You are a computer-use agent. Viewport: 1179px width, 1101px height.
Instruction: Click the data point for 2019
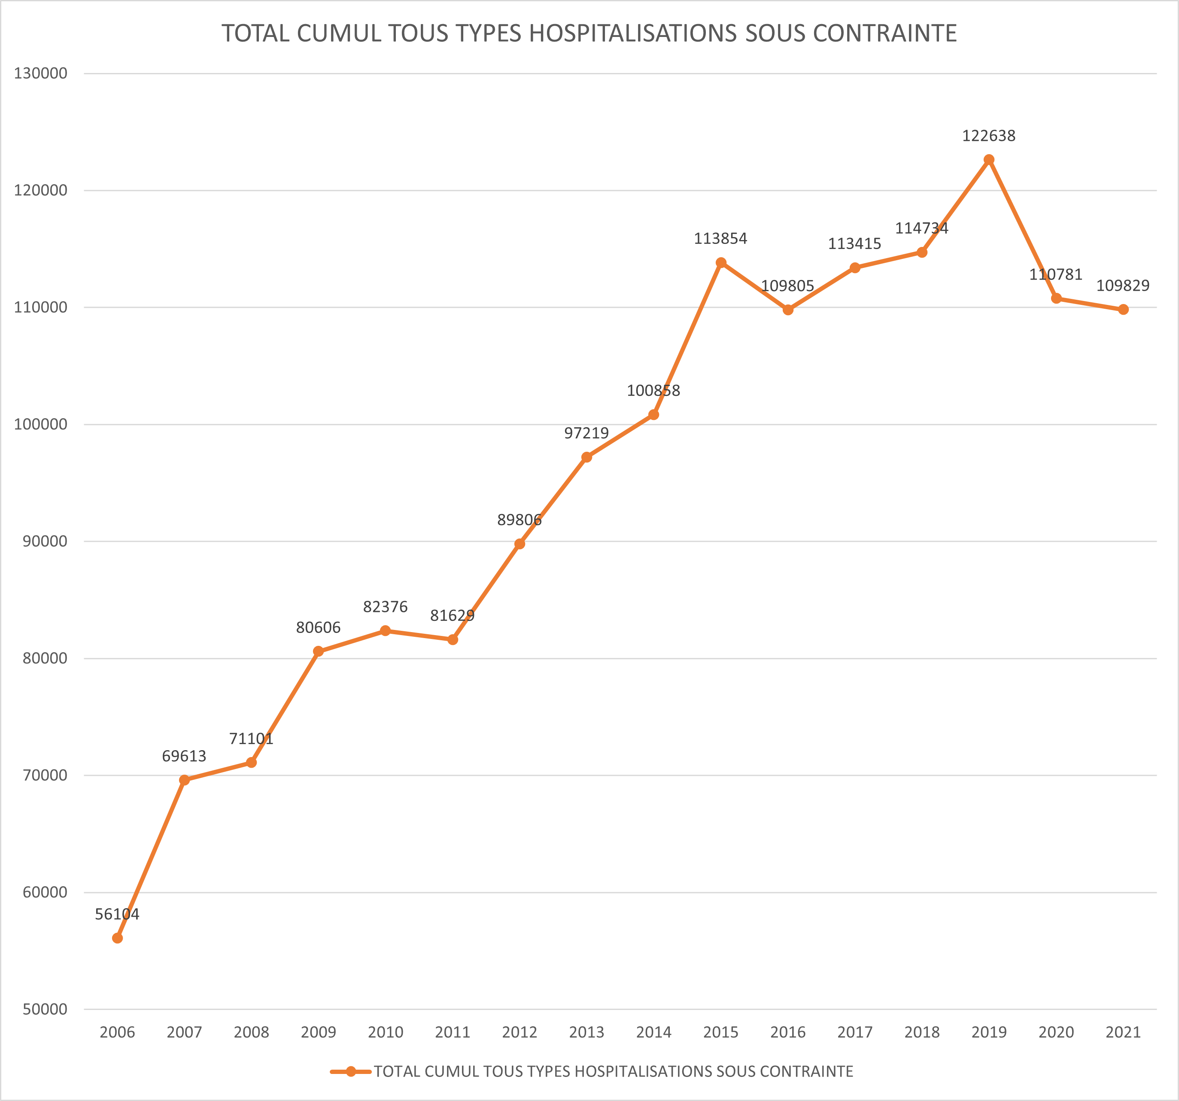pos(989,160)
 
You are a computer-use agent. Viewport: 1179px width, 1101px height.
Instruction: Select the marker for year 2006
pos(117,938)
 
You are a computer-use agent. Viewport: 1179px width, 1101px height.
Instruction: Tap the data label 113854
pos(720,238)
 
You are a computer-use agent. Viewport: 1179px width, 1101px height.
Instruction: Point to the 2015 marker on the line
pos(720,262)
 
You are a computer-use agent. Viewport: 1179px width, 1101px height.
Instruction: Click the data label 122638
pos(989,136)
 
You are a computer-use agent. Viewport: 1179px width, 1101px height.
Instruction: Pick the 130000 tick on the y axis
pos(41,73)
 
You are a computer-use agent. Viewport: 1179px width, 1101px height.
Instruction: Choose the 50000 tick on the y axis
pos(45,1009)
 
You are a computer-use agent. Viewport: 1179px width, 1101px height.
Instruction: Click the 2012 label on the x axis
pos(520,1033)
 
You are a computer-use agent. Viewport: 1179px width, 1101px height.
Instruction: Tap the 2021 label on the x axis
pos(1123,1033)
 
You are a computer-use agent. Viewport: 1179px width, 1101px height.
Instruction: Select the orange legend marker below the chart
pos(351,1071)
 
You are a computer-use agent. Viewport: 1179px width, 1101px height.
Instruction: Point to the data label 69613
pos(185,756)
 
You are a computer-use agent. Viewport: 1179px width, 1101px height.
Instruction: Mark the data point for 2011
pos(453,639)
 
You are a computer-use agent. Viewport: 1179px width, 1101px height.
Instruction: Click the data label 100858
pos(653,391)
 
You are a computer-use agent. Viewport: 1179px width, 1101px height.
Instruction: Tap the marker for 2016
pos(787,310)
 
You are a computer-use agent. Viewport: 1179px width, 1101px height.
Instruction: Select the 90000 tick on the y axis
pos(45,541)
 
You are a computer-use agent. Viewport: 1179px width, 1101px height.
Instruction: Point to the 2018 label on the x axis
pos(922,1033)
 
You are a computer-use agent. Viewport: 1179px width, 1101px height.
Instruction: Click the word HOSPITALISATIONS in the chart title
pos(633,33)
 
